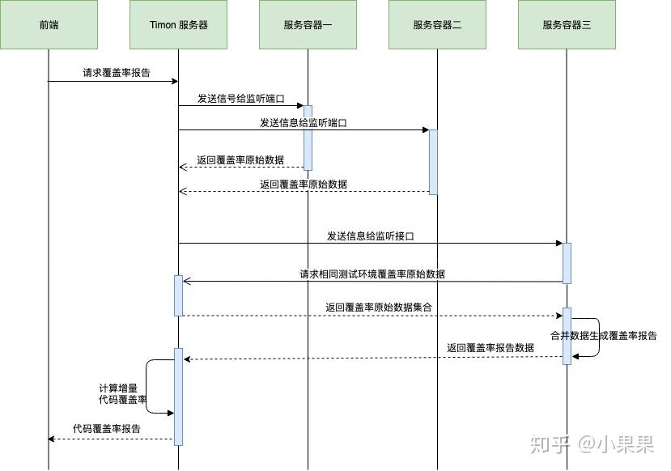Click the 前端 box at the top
tap(49, 25)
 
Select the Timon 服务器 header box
tap(178, 25)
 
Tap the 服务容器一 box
tap(308, 25)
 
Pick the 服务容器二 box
tap(437, 25)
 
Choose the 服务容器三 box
tap(567, 25)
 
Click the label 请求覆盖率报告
tap(117, 73)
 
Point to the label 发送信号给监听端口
tap(241, 99)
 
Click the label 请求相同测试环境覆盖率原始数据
tap(372, 274)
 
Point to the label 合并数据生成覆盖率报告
tap(604, 335)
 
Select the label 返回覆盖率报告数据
tap(491, 348)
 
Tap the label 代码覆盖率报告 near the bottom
tap(106, 429)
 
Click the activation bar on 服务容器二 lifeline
tap(433, 162)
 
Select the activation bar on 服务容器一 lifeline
tap(308, 137)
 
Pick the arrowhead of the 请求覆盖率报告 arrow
tap(174, 81)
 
